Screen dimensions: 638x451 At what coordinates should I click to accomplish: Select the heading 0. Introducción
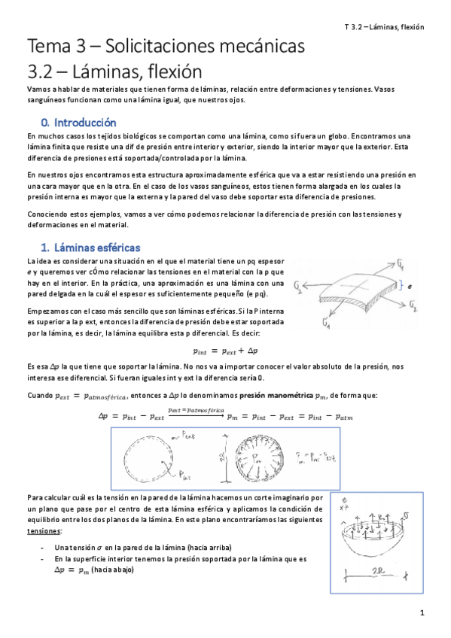[x=79, y=122]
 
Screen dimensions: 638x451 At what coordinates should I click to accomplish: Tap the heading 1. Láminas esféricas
[x=90, y=248]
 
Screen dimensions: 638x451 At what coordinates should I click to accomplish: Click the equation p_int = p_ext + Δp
[x=225, y=351]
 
